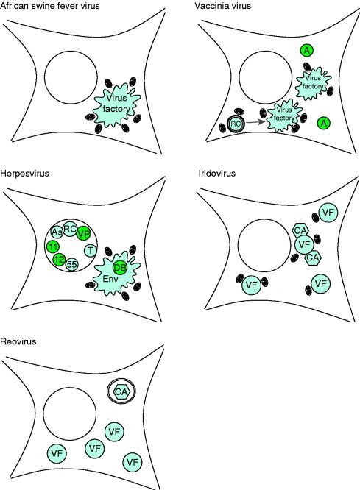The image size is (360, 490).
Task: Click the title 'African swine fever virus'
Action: click(50, 5)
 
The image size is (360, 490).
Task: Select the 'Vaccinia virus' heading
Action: click(222, 5)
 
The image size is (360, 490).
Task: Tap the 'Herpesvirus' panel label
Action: click(24, 173)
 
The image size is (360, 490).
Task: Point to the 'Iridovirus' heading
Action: click(217, 173)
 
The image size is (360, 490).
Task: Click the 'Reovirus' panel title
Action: click(18, 341)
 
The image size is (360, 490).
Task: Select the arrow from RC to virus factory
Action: click(255, 122)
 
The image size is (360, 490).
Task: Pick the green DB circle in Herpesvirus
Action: click(120, 268)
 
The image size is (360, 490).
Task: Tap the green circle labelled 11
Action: click(54, 247)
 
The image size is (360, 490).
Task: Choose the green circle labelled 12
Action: click(59, 260)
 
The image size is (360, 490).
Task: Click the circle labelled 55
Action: click(71, 265)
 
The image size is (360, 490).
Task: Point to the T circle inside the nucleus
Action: click(91, 250)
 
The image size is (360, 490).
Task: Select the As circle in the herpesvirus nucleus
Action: click(57, 232)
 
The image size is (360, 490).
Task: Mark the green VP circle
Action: click(83, 233)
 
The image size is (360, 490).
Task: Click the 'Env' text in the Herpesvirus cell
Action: click(110, 278)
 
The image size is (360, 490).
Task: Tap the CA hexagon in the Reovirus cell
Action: click(121, 391)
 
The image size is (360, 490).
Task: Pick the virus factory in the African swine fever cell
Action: click(116, 104)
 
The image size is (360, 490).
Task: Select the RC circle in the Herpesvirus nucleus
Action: click(70, 229)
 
